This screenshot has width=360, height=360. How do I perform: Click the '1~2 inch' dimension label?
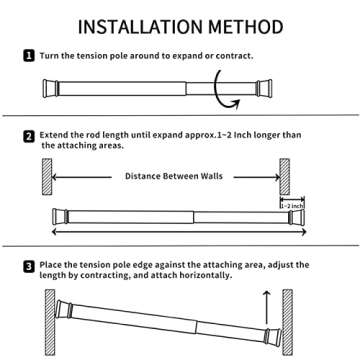[292, 205]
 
